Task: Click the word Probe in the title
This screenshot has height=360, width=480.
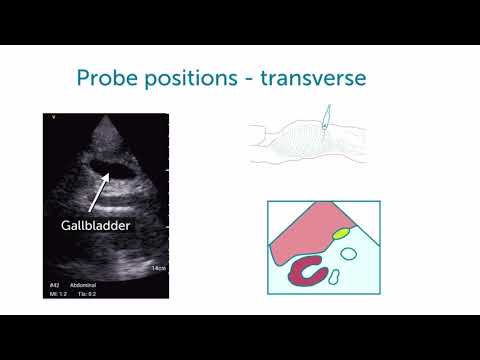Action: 106,77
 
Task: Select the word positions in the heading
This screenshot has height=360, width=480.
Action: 190,78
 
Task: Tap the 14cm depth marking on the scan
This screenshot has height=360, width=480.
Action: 157,269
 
